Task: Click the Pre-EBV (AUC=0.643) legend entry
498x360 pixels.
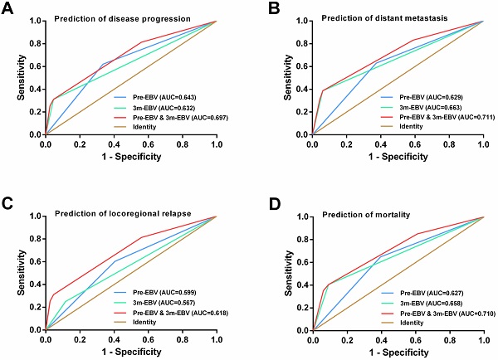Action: point(164,96)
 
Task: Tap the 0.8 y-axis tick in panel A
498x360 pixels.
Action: point(35,44)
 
